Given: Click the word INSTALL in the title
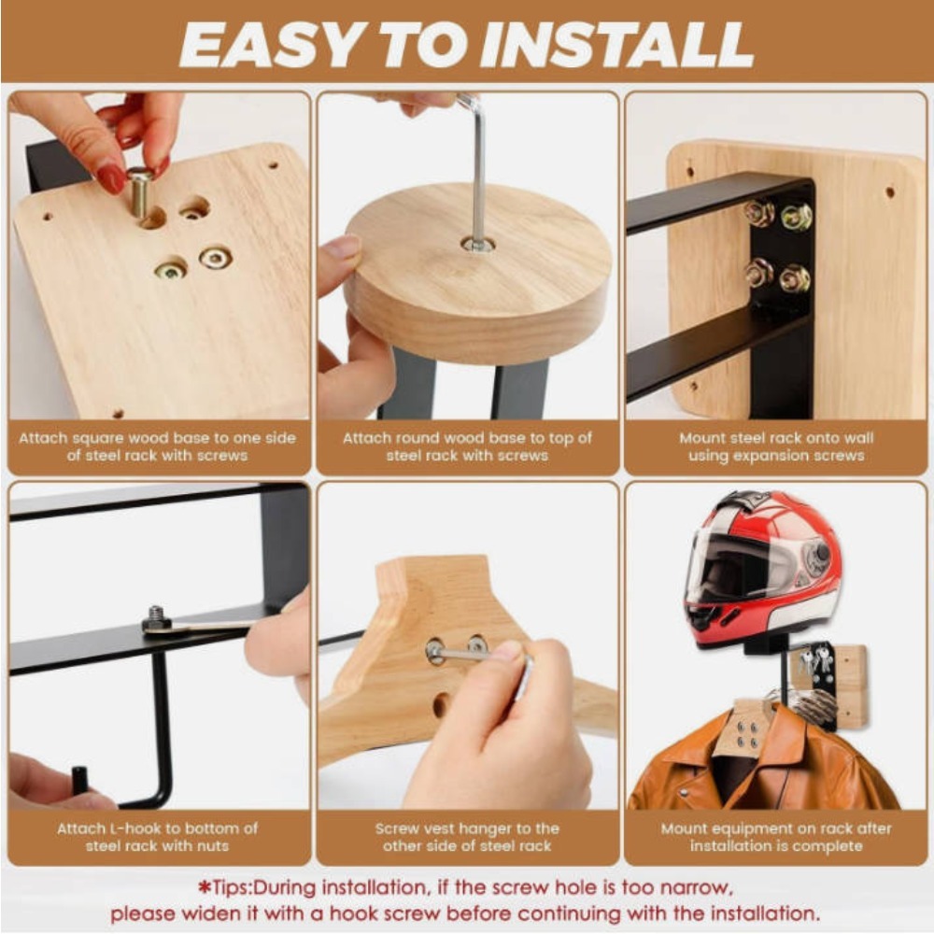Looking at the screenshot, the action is coord(617,45).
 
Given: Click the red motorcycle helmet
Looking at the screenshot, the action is coord(763,570).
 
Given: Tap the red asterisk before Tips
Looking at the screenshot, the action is coord(205,887).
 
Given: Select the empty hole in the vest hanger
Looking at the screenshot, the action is coord(440,704).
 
